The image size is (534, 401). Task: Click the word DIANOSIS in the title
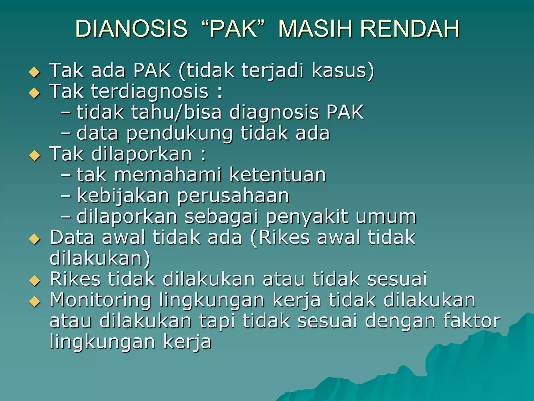[131, 28]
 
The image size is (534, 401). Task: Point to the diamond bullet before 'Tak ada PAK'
[35, 72]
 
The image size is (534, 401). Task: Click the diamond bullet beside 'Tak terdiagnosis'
[35, 93]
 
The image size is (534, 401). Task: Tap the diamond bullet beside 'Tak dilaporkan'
[35, 156]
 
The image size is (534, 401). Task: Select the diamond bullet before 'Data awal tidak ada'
[35, 239]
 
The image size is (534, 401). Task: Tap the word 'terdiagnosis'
[150, 92]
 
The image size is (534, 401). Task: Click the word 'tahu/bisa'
[176, 113]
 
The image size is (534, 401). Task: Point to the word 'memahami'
[168, 175]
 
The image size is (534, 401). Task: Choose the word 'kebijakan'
[123, 196]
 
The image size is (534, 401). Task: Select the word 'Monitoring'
[100, 300]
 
